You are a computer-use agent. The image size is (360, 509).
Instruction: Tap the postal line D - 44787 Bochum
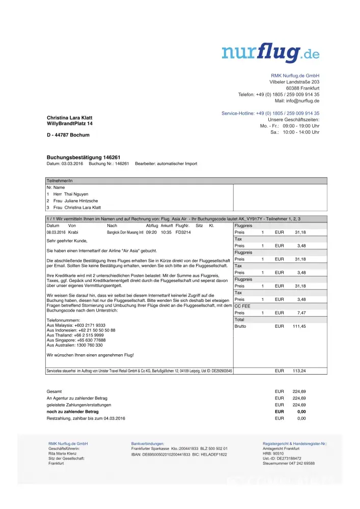68,135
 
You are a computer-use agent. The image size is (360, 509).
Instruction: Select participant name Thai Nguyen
76,194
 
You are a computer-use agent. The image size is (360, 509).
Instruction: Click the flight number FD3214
183,232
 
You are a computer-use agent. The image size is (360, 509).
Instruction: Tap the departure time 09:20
151,232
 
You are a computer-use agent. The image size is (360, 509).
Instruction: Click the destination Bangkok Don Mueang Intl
125,232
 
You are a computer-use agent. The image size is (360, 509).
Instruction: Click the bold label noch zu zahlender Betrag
72,411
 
